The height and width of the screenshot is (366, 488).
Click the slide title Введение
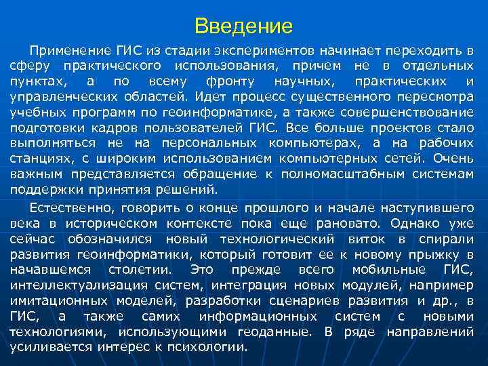click(243, 26)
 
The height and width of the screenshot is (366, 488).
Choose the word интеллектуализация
click(74, 285)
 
